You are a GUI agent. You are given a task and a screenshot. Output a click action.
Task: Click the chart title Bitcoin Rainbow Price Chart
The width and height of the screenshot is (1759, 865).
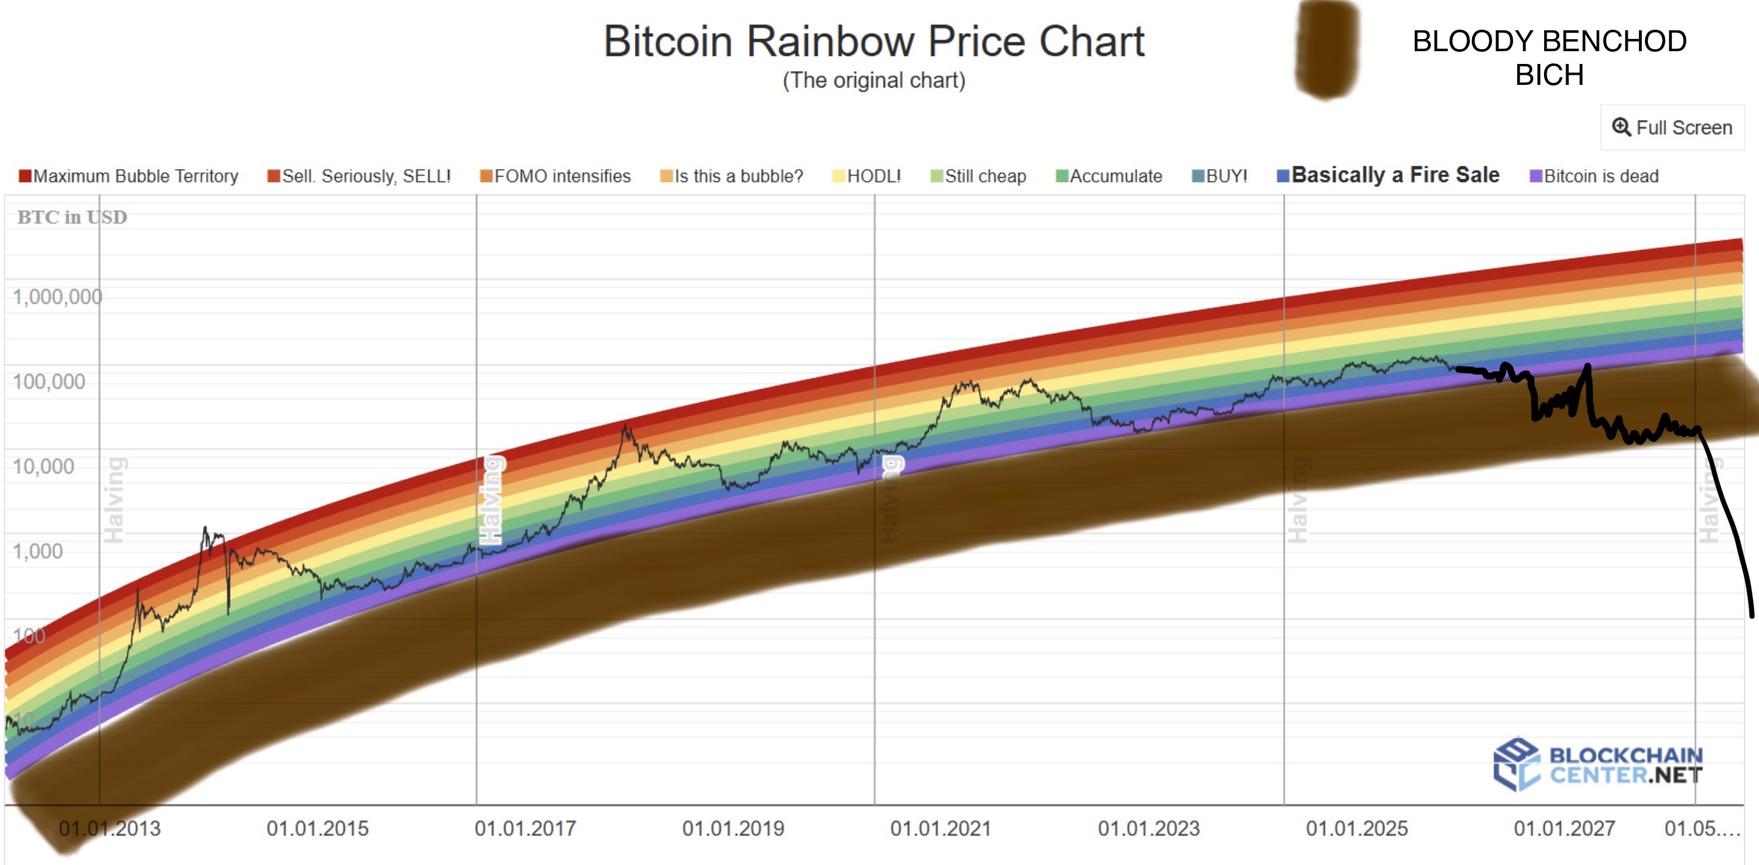click(x=873, y=42)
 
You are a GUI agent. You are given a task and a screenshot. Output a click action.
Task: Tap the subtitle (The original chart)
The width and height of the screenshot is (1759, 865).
click(x=873, y=81)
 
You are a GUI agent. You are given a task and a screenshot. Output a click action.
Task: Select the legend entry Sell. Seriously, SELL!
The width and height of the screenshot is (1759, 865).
click(x=359, y=176)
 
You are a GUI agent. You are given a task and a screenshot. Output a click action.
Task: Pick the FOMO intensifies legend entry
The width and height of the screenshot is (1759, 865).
click(x=555, y=176)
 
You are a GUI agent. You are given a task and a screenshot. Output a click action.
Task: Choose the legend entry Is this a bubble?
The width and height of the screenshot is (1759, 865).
click(x=731, y=176)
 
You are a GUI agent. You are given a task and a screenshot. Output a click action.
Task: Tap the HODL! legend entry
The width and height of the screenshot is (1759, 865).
click(x=867, y=176)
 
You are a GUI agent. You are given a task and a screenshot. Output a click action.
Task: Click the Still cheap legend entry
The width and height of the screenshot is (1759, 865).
click(x=978, y=176)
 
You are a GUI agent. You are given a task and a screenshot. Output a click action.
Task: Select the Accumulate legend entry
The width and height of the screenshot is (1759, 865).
click(x=1109, y=176)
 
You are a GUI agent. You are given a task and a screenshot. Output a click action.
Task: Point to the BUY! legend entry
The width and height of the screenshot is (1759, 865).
click(x=1220, y=176)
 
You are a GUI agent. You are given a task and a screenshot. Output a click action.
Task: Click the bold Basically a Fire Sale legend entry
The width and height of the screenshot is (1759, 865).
click(x=1388, y=174)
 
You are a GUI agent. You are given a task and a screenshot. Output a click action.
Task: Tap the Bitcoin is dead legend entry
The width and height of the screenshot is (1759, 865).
click(x=1594, y=176)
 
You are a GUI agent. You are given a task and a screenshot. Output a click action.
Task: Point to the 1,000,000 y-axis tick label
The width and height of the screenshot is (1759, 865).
click(x=57, y=296)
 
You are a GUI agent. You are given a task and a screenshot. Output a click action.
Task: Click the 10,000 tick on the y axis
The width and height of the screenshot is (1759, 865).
click(x=44, y=466)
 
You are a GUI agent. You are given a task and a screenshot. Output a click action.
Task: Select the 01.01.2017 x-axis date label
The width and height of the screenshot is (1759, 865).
click(x=525, y=828)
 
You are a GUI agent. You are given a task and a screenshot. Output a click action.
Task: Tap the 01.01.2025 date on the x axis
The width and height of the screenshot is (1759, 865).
click(x=1357, y=828)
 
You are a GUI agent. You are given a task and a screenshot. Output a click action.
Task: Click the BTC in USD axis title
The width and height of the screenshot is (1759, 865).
click(x=71, y=217)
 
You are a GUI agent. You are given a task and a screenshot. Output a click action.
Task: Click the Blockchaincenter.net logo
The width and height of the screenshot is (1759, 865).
click(x=1598, y=765)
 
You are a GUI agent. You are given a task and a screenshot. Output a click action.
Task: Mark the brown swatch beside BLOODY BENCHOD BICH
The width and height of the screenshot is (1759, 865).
click(x=1327, y=49)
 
